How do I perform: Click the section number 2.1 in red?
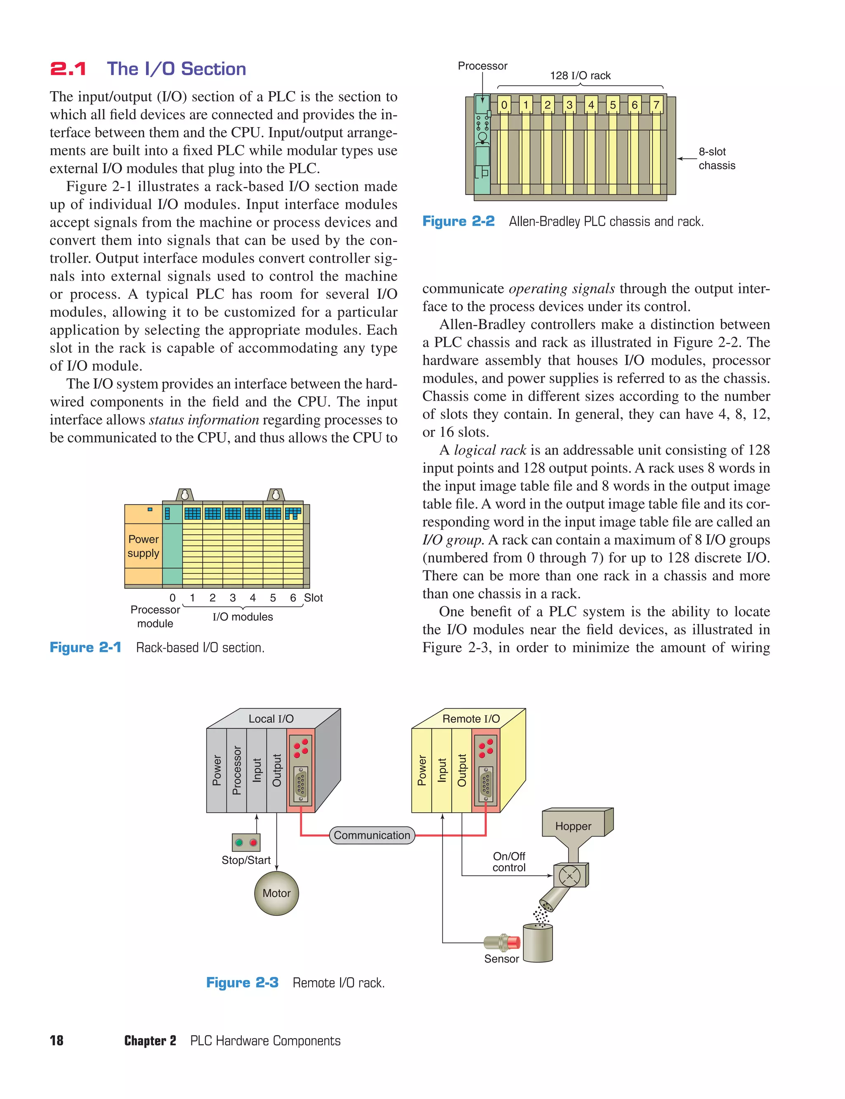68,69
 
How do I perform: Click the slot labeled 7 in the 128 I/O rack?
656,105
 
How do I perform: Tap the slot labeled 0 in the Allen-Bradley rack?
504,105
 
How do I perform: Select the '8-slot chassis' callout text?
716,158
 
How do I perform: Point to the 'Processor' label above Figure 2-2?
482,66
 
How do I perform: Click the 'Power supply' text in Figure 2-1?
143,546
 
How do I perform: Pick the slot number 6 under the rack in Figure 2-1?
293,597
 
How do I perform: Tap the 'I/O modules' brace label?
243,617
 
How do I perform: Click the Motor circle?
276,893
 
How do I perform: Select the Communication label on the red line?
372,835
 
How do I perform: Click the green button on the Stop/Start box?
239,842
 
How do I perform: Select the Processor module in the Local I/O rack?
236,770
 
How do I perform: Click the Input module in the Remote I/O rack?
441,770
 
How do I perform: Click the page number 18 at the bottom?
57,1041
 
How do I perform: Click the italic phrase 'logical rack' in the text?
490,450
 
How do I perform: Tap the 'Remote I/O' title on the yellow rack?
471,719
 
